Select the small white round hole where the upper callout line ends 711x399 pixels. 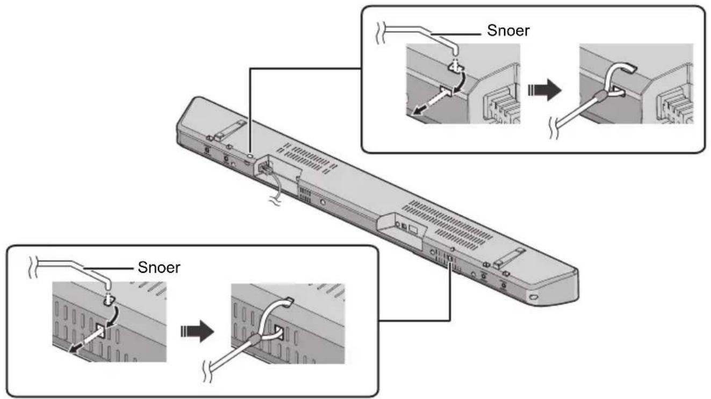pyautogui.click(x=250, y=155)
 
